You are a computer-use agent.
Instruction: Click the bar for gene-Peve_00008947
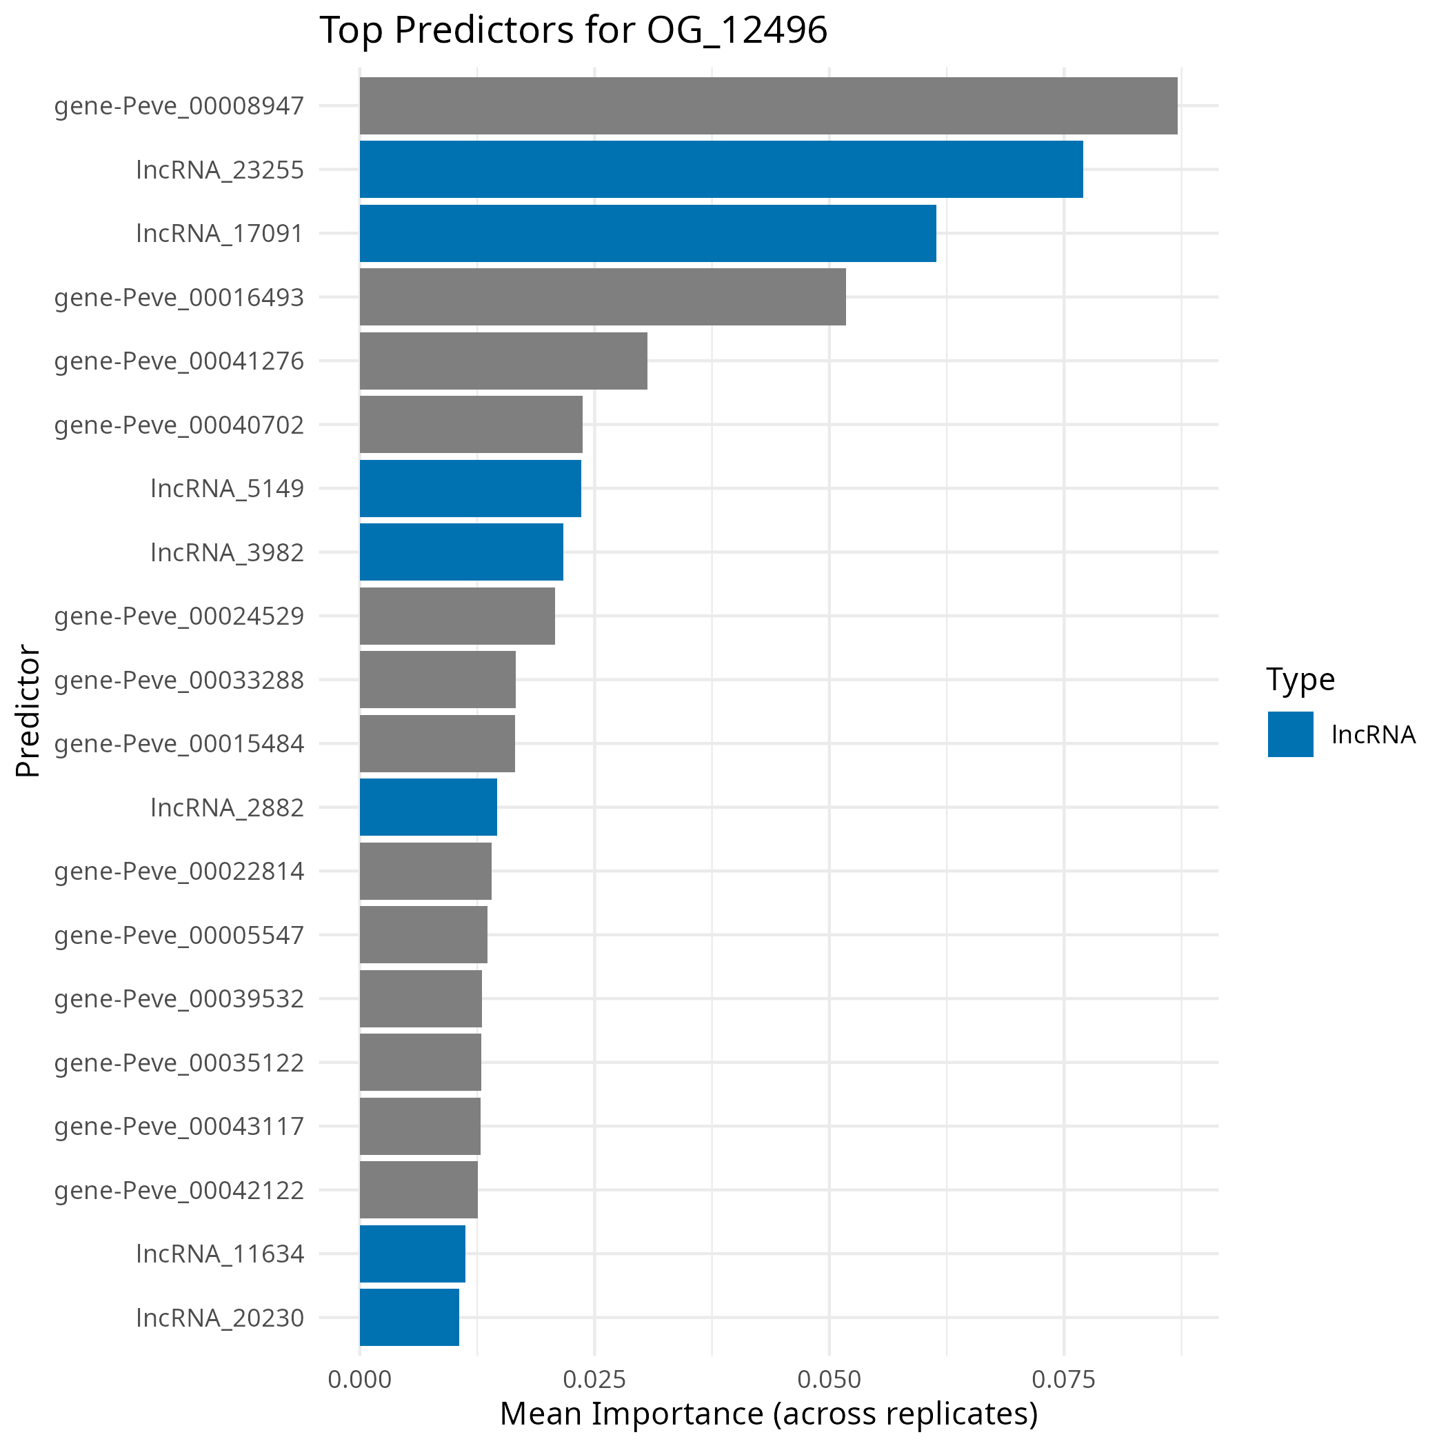768,105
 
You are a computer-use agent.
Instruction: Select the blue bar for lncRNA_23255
721,170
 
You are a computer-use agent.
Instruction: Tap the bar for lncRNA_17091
647,233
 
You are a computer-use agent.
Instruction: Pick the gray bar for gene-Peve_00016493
603,296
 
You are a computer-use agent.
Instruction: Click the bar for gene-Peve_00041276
503,361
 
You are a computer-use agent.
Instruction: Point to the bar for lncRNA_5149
470,488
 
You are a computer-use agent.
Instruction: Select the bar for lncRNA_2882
428,807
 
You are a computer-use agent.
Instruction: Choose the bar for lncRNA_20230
409,1317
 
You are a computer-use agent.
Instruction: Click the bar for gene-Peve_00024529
457,615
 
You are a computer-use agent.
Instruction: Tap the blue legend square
1291,734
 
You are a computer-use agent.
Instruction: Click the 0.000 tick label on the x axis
360,1379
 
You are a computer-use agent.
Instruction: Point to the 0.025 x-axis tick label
594,1379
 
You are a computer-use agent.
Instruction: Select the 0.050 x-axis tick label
829,1379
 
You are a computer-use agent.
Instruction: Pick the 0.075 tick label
1063,1379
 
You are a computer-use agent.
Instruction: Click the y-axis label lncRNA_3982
227,552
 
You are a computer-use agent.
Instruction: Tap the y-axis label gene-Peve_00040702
179,425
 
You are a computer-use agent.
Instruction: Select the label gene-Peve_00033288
179,680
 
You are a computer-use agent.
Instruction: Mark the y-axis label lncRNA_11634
221,1253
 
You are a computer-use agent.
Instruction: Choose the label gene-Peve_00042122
179,1189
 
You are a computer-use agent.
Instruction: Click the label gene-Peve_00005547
179,934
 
